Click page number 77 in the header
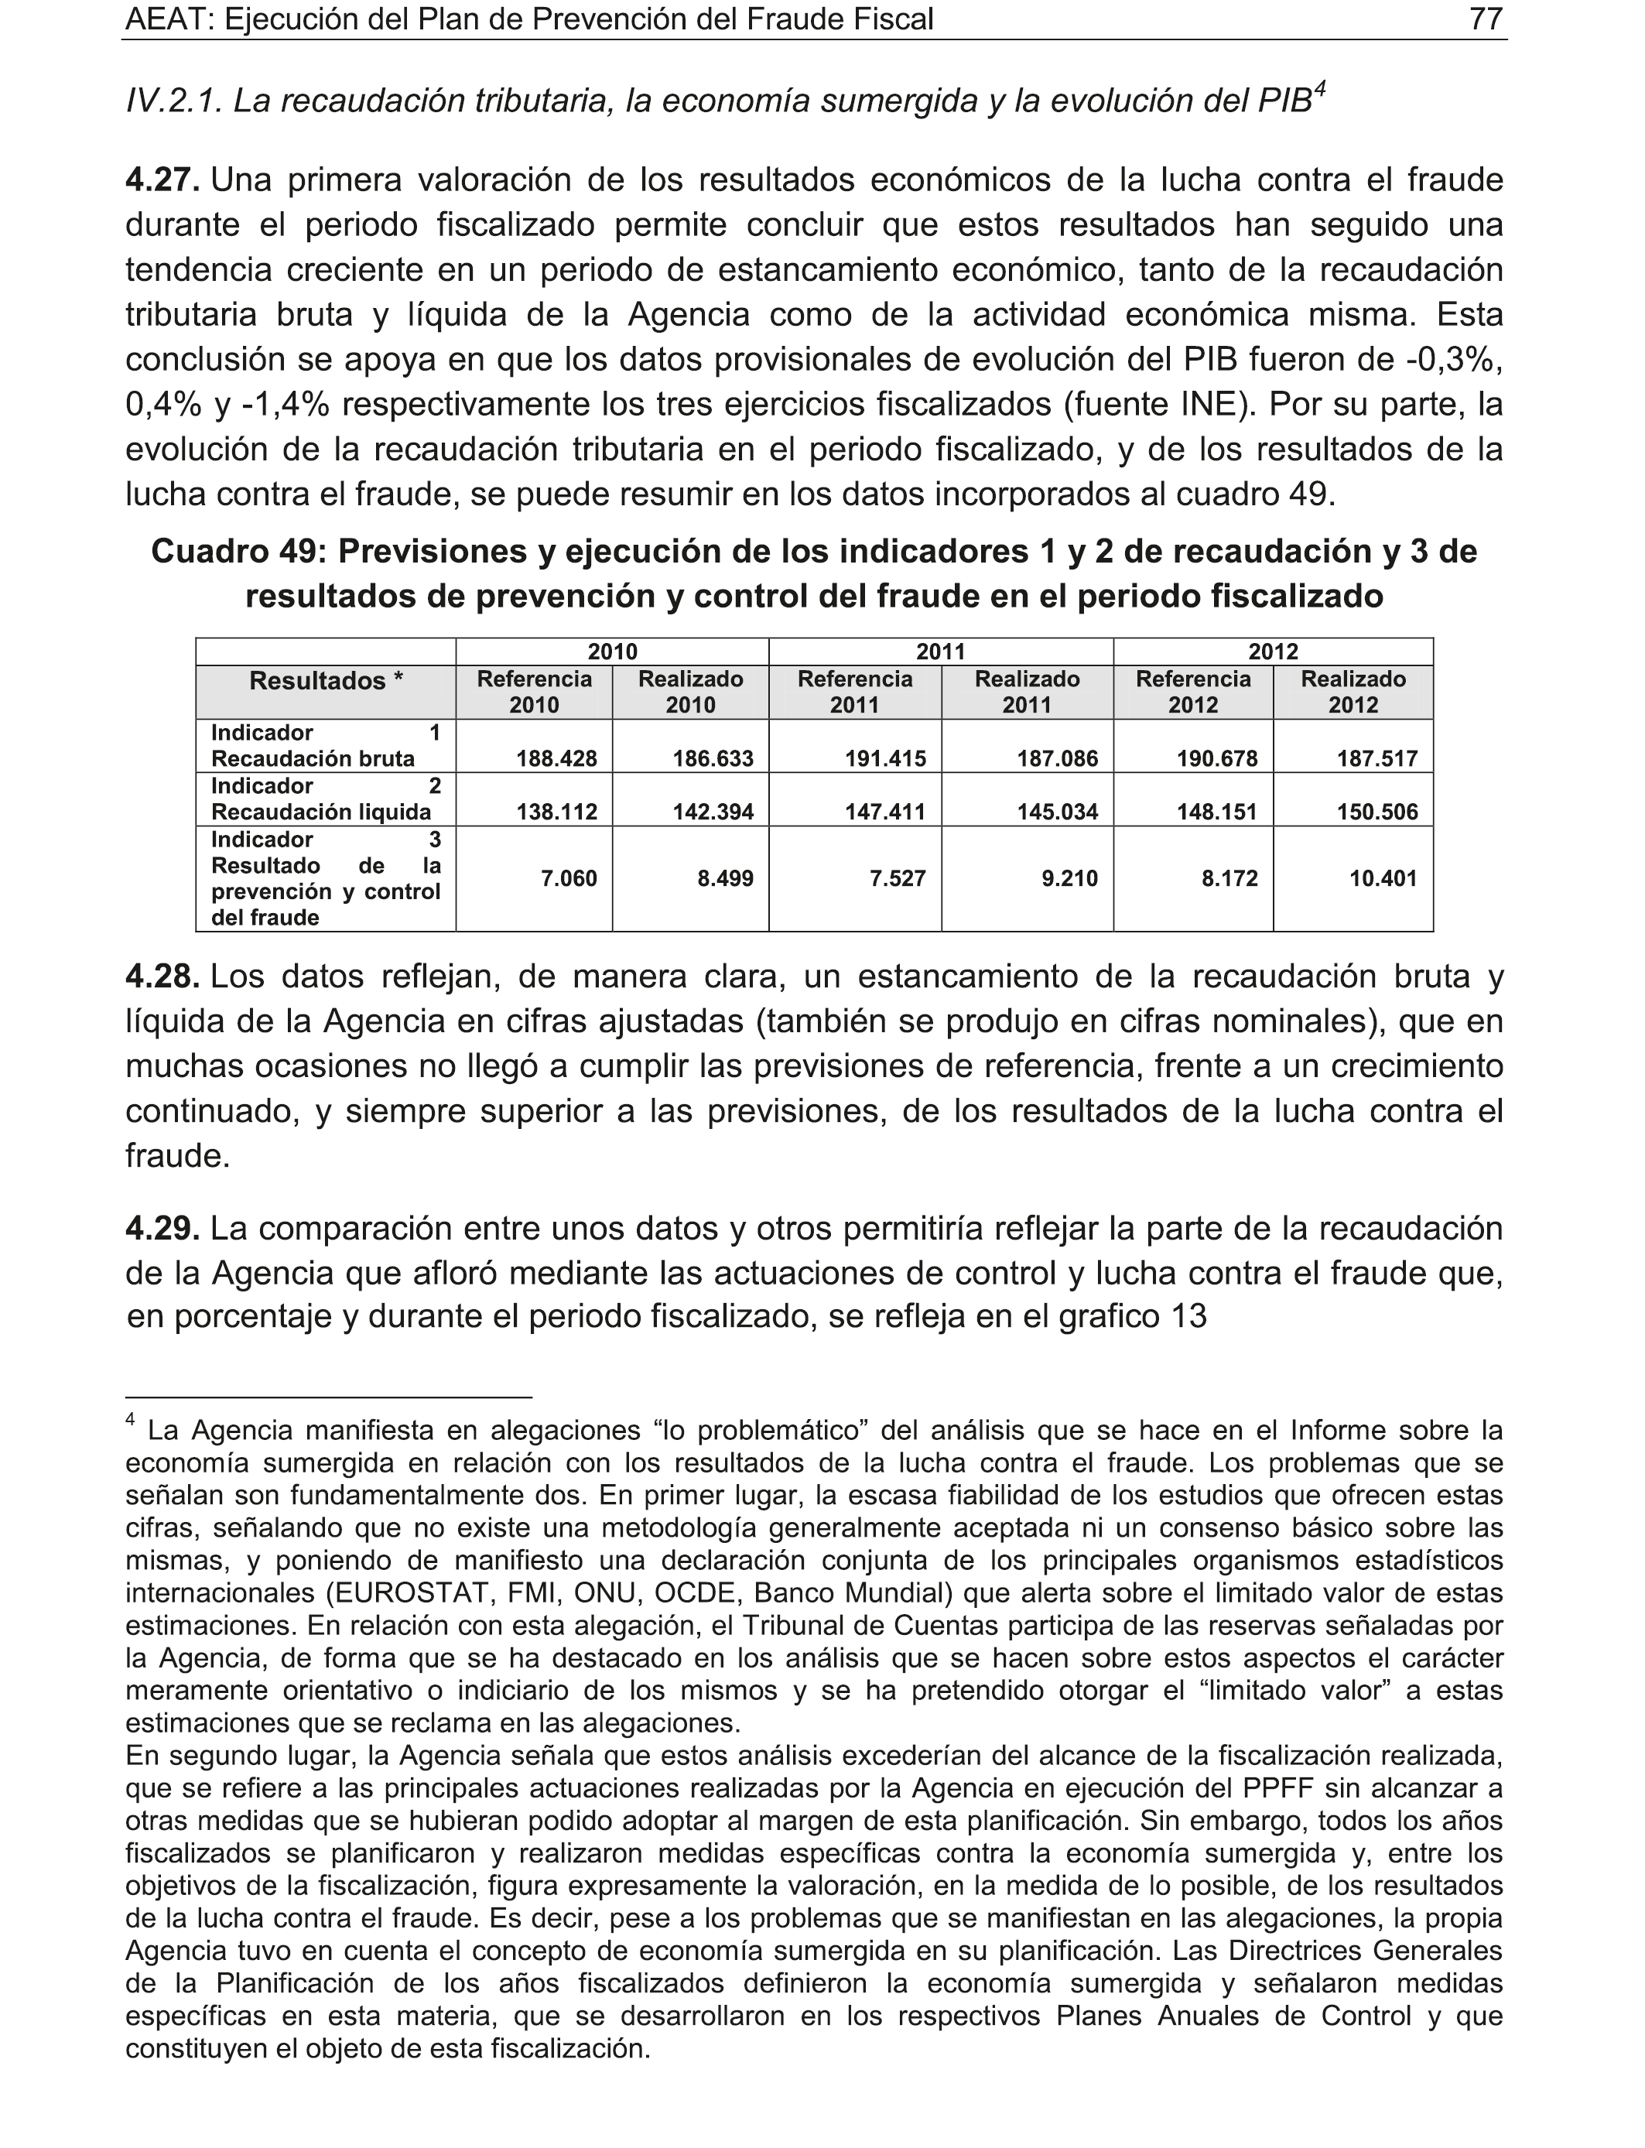click(1486, 19)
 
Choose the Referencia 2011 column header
click(855, 693)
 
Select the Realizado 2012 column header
click(1353, 693)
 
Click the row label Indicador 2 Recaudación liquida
click(325, 799)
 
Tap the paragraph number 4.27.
click(162, 180)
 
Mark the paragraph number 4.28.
click(162, 976)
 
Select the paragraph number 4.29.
click(162, 1228)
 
